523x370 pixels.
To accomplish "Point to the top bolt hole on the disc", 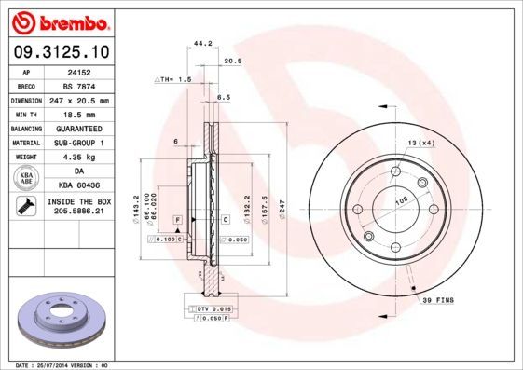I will tap(396, 173).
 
